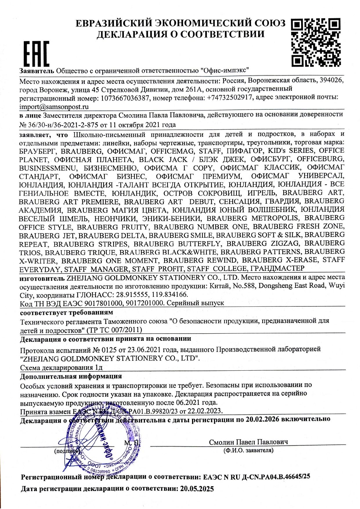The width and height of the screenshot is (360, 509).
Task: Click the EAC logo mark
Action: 36,53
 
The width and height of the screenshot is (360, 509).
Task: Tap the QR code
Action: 316,42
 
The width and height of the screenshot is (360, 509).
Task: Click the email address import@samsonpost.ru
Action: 54,107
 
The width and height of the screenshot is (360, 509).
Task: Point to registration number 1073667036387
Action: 125,98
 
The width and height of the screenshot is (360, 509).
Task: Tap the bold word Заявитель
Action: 37,71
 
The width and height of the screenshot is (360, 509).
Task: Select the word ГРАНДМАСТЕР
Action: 277,268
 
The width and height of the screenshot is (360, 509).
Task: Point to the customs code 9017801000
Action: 104,303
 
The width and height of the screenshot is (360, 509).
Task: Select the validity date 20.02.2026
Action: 262,419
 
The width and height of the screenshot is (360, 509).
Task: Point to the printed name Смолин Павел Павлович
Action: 248,442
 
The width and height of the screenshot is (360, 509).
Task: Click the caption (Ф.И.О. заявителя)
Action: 248,450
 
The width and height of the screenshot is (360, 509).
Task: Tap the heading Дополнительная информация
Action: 71,376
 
